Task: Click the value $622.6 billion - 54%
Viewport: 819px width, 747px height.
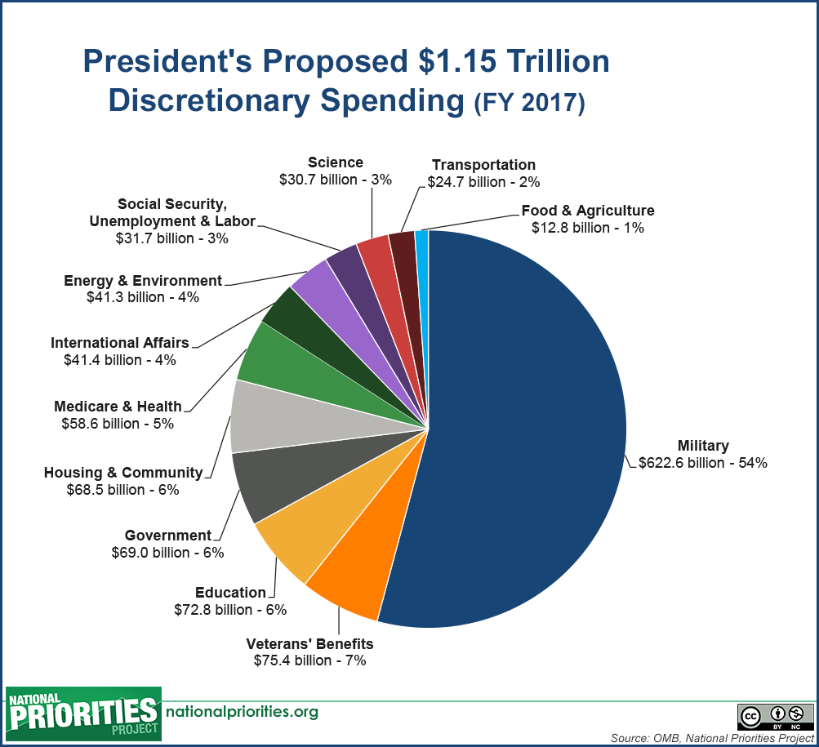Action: point(703,463)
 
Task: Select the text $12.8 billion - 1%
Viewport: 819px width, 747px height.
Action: point(588,228)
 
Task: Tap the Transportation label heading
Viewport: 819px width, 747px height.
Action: point(483,165)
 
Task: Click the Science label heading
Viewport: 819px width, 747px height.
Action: point(336,162)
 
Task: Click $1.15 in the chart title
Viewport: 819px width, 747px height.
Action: point(457,60)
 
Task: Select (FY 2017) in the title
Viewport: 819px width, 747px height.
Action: point(529,102)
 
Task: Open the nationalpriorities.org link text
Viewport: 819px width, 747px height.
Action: point(242,711)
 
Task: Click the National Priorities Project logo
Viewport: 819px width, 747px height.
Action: point(83,714)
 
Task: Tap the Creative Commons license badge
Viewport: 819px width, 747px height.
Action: point(776,717)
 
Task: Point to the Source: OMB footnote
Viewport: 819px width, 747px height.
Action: point(713,738)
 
